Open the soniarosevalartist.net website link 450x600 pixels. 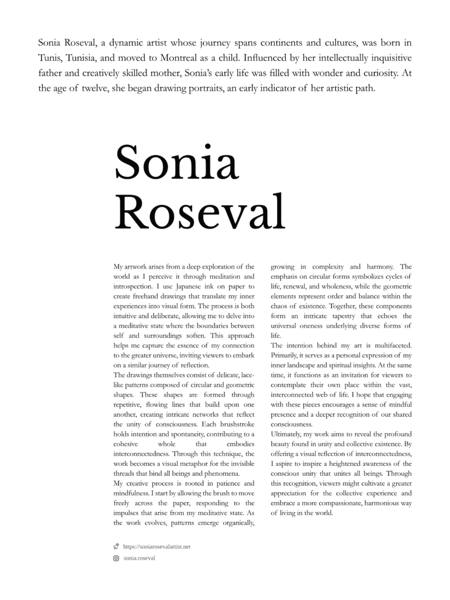point(156,547)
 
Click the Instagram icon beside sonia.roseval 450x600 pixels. point(116,558)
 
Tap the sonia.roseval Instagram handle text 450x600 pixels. point(139,558)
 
